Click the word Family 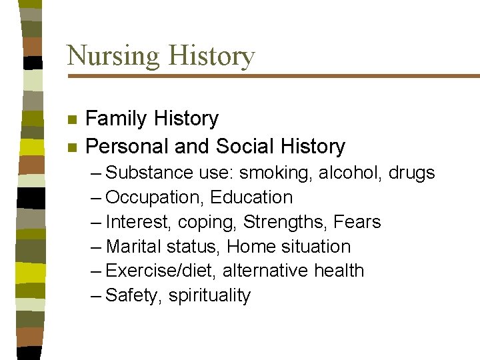tap(116, 119)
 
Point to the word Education tap(251, 198)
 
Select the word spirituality tap(209, 296)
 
